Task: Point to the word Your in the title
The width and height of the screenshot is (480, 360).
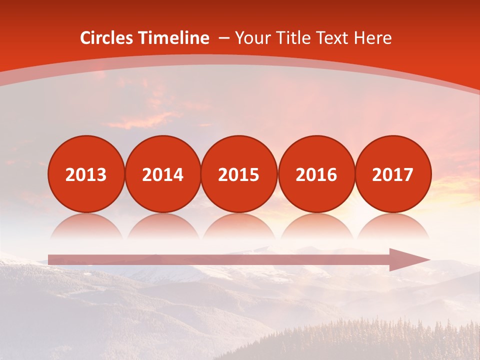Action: pos(251,38)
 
